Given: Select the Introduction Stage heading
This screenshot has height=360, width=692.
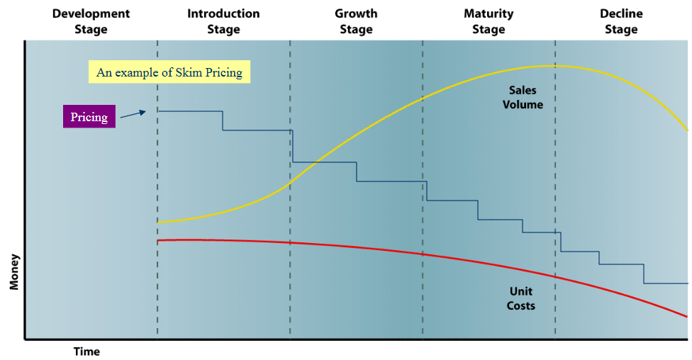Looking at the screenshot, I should [223, 21].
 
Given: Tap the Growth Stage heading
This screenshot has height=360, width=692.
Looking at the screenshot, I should [356, 21].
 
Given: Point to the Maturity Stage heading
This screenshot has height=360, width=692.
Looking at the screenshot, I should [489, 21].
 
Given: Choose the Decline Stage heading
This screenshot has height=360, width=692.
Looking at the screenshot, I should [621, 21].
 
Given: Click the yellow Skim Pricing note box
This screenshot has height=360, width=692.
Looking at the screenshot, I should [169, 72].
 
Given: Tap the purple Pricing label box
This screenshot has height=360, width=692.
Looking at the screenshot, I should [89, 117].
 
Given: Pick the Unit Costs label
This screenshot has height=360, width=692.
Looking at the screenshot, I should [521, 298].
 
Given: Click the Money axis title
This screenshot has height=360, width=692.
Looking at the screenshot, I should [14, 271].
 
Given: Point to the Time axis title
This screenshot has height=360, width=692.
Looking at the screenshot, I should [86, 351].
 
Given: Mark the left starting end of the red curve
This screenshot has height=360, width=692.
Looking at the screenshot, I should [158, 240].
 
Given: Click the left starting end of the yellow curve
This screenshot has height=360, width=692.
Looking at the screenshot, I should [158, 222].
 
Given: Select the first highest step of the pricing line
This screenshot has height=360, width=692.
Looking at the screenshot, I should [190, 111].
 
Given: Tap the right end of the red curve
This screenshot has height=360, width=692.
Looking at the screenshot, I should [687, 316].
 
